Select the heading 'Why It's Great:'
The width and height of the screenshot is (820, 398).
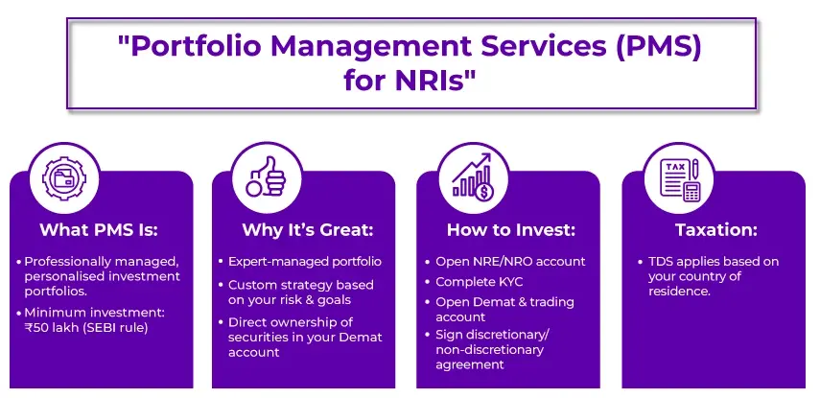tap(303, 230)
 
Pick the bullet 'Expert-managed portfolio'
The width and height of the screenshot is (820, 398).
tap(305, 262)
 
